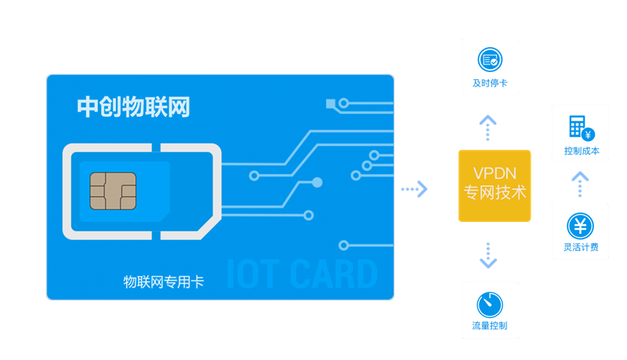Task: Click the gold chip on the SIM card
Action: click(x=113, y=191)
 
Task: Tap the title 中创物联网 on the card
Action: click(x=133, y=107)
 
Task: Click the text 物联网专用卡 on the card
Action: click(x=164, y=282)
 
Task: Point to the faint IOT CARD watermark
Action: click(x=302, y=274)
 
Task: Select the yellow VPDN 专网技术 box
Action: click(x=495, y=186)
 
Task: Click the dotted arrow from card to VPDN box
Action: click(x=415, y=189)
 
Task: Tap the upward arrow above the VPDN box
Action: click(x=487, y=128)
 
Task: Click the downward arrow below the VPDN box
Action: click(x=488, y=255)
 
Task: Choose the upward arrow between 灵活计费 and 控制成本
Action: click(x=580, y=184)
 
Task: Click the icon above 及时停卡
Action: click(x=490, y=60)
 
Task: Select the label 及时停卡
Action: click(x=490, y=83)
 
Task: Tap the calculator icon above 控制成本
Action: click(x=582, y=128)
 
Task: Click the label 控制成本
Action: click(x=582, y=151)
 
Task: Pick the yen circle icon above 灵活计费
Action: click(x=580, y=226)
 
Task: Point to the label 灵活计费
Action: click(x=581, y=247)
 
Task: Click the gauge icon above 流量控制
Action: click(x=490, y=305)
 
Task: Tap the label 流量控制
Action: click(x=490, y=325)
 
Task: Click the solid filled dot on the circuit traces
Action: click(x=317, y=183)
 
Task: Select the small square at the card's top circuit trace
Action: click(x=331, y=104)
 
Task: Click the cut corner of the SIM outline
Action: click(x=210, y=229)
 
